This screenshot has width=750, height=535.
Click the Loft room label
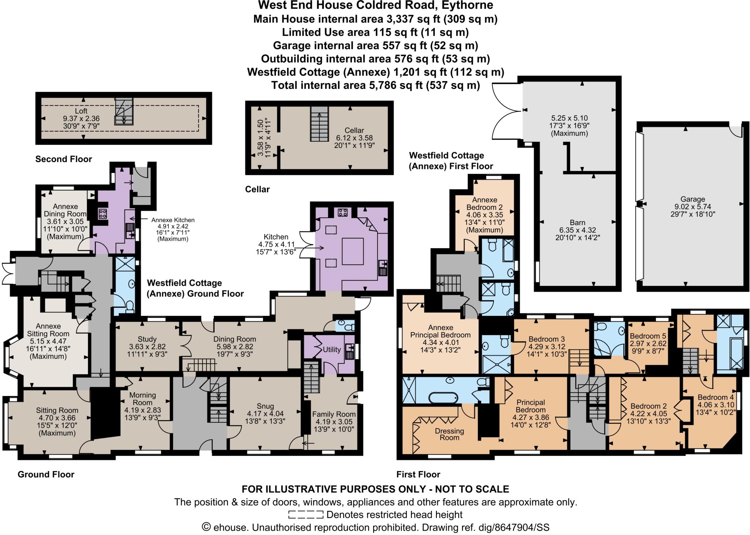tap(81, 111)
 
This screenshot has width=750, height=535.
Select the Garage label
tap(693, 199)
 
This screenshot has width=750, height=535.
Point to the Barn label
tap(578, 222)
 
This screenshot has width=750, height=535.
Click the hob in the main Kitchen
tap(342, 212)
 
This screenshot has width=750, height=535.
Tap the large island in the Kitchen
tap(353, 251)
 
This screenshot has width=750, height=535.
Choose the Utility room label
tap(331, 349)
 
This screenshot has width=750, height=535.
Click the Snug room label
tap(265, 406)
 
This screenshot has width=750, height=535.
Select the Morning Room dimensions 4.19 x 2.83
tap(143, 410)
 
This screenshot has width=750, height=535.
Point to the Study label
tap(147, 339)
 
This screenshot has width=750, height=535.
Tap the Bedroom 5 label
tap(648, 336)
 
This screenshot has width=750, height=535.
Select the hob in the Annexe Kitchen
tap(103, 214)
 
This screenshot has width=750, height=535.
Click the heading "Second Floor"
tap(63, 159)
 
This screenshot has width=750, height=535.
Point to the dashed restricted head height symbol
tap(305, 515)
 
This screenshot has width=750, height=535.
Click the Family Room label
tap(334, 414)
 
